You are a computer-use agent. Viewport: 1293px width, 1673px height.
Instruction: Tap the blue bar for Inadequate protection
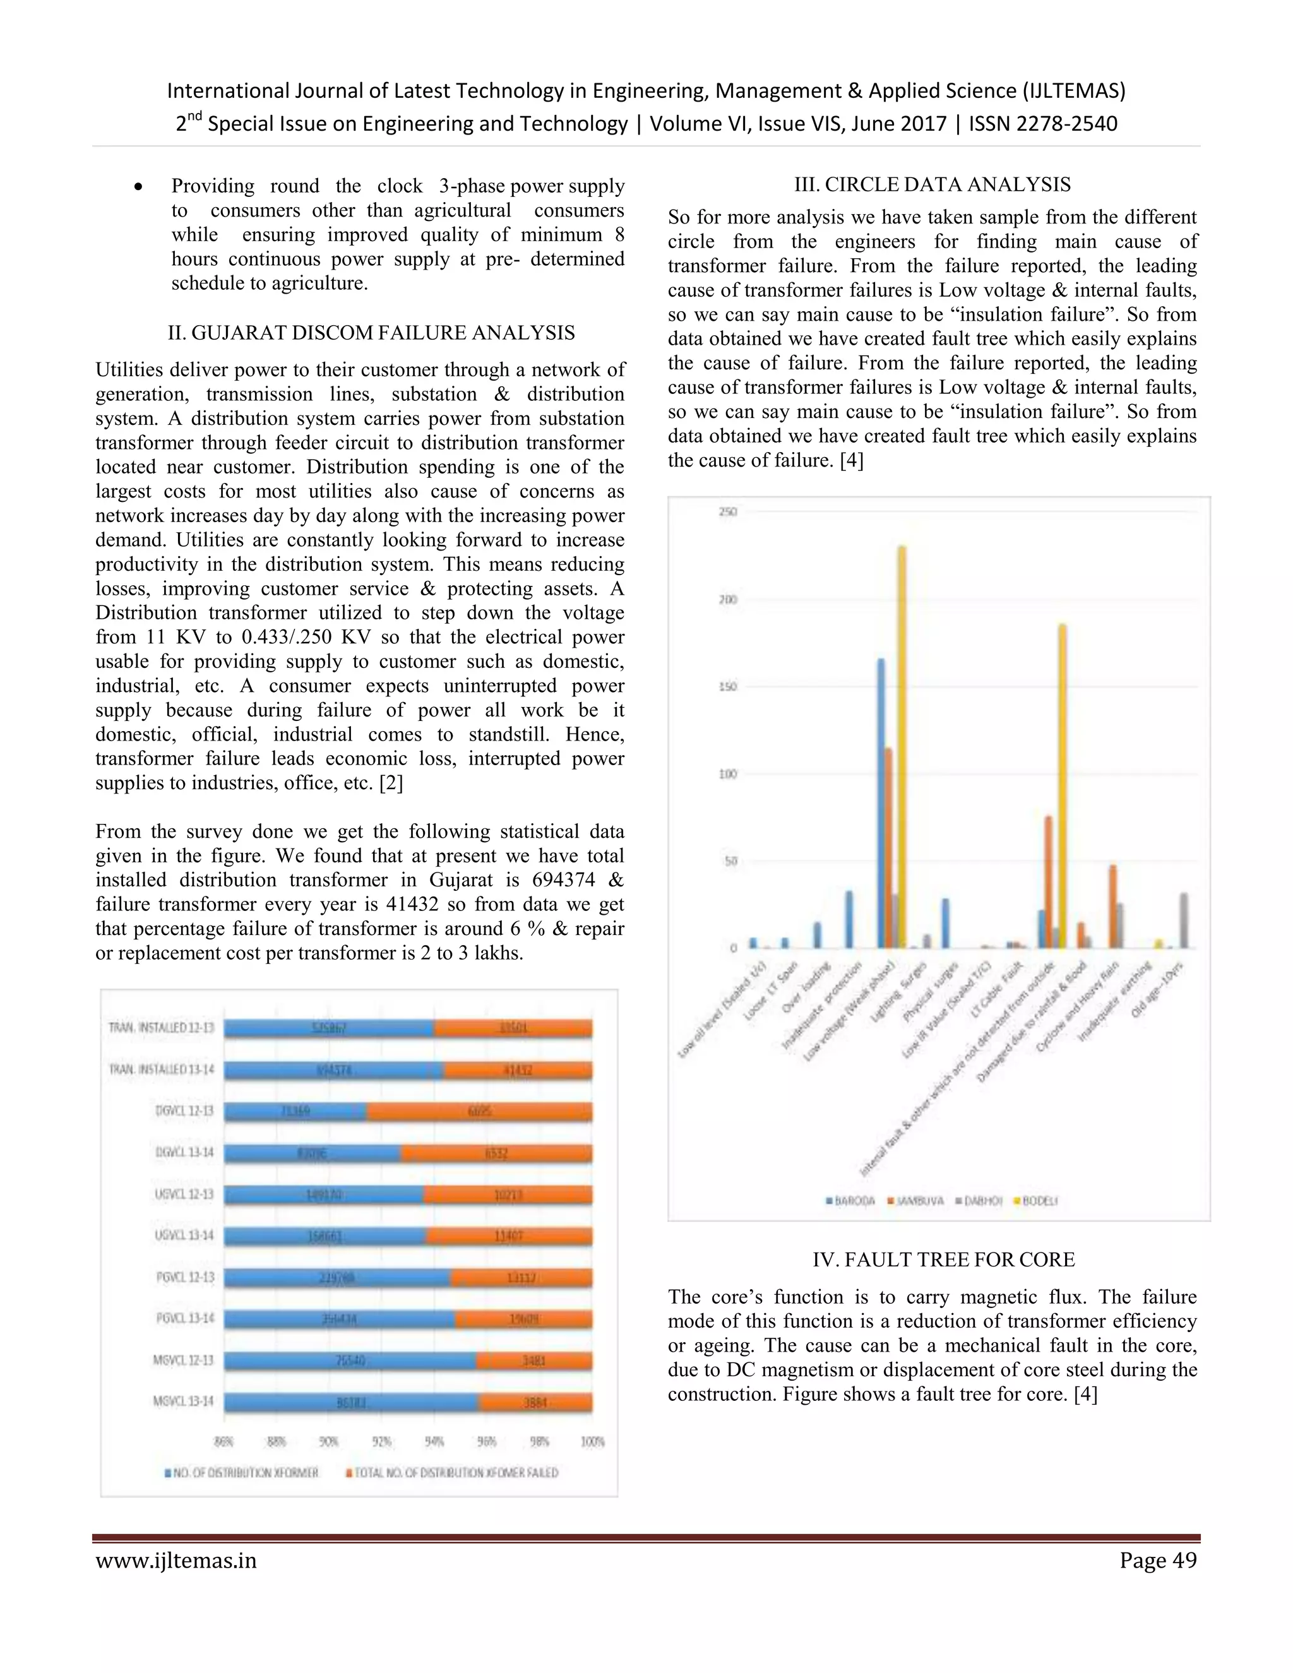[849, 919]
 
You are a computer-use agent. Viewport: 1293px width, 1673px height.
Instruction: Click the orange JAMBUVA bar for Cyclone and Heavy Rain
[1113, 907]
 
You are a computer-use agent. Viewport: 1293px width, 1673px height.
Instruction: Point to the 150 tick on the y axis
[728, 686]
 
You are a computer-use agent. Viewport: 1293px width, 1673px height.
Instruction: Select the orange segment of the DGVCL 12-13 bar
[479, 1112]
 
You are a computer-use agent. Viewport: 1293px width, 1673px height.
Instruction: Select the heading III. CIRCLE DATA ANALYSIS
[933, 184]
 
